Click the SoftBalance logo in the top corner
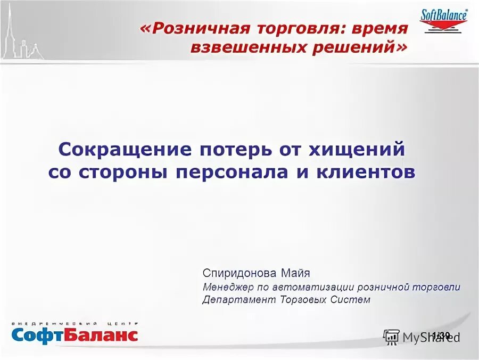click(444, 21)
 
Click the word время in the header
click(381, 29)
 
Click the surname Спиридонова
click(238, 274)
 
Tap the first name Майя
click(294, 274)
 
